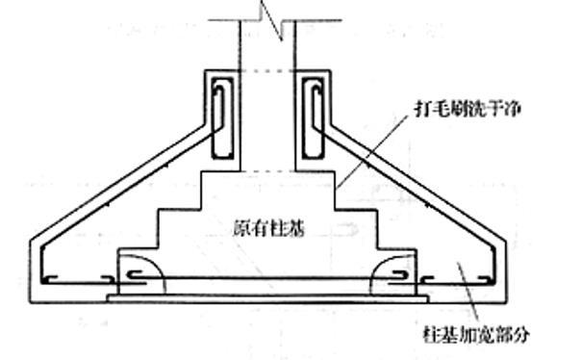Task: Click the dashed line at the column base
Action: point(266,169)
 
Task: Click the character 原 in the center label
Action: point(240,229)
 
